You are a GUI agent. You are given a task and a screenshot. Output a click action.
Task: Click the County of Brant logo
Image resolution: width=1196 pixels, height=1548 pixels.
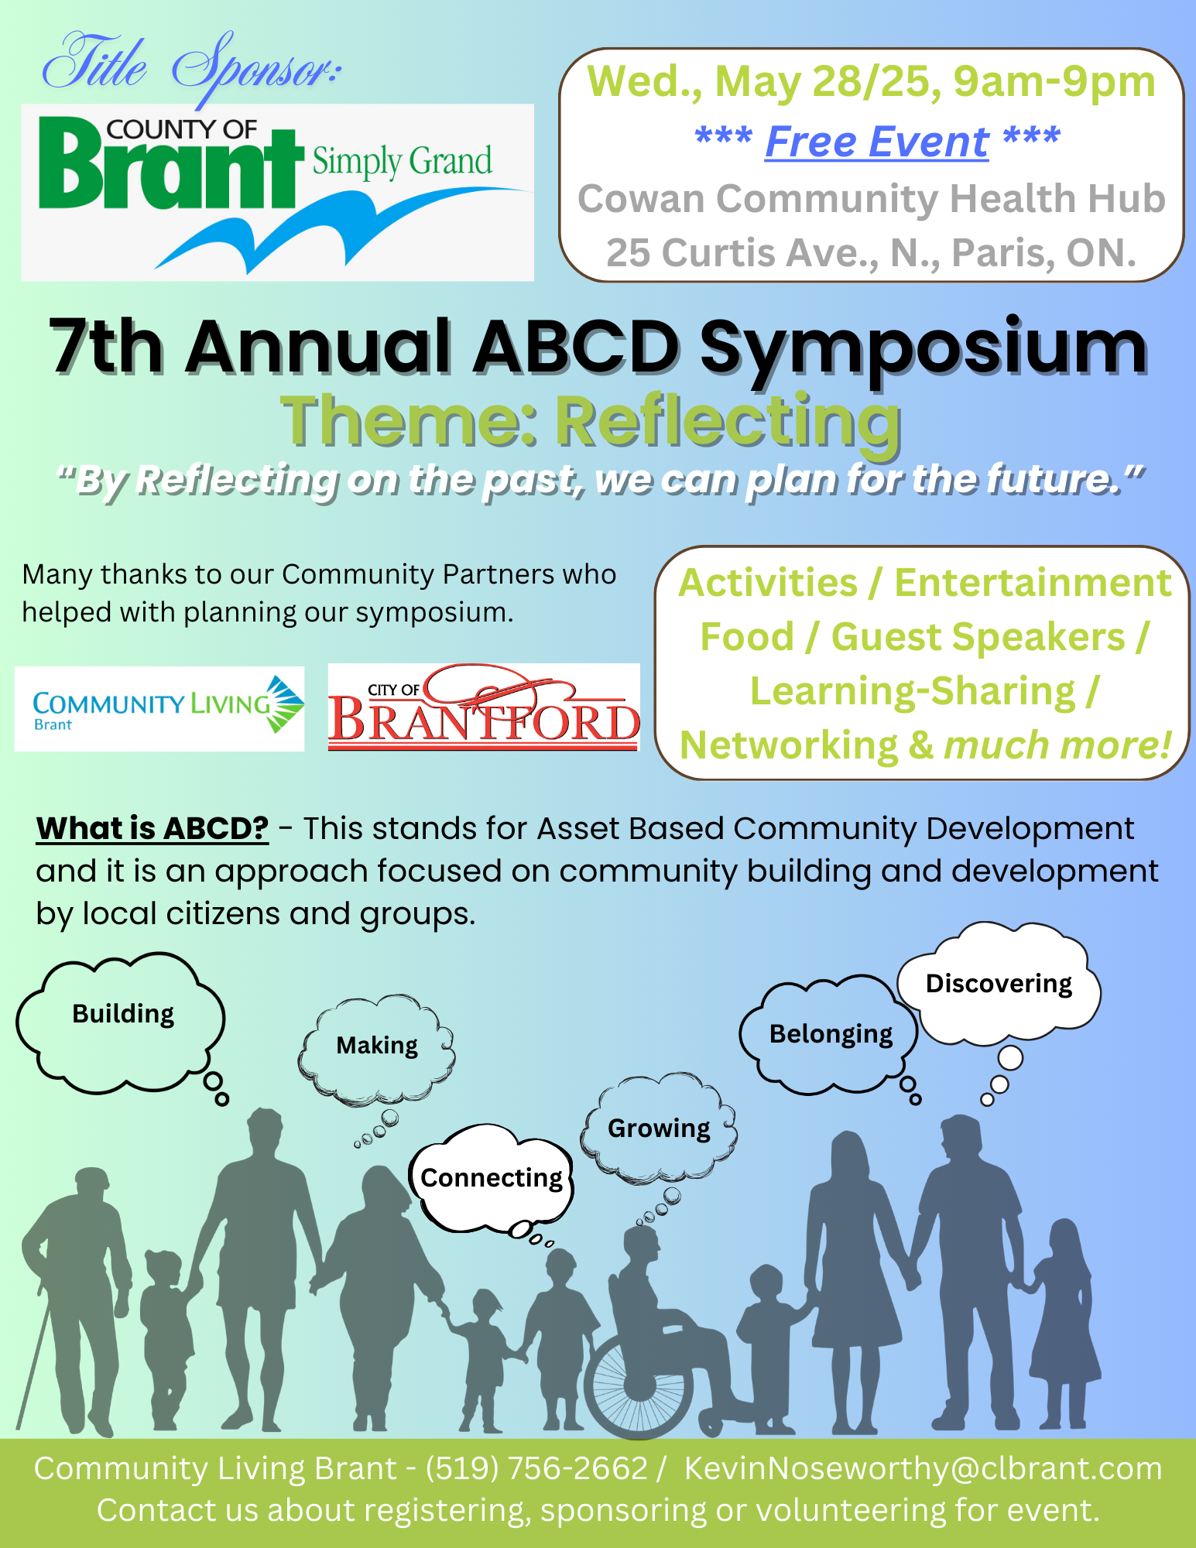tap(277, 192)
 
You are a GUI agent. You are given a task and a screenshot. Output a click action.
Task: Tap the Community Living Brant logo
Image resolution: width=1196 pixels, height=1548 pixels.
tap(159, 708)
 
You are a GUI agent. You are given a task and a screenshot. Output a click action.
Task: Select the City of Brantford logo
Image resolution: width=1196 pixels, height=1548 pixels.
tap(484, 707)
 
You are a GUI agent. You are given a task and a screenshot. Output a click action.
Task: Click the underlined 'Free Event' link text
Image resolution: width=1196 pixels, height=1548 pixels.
tap(877, 142)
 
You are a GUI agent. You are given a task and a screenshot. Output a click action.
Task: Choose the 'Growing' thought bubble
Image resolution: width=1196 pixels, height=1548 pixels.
tap(659, 1128)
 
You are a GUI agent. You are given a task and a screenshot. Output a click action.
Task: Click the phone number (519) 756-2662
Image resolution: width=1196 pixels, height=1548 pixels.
tap(536, 1468)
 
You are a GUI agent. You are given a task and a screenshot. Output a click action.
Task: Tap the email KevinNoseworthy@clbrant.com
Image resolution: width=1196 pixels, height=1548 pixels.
tap(923, 1468)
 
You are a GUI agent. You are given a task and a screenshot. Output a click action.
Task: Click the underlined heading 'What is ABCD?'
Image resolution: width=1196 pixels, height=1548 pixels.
tap(152, 828)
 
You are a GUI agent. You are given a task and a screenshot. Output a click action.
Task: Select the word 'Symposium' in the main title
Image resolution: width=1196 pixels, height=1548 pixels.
tap(924, 350)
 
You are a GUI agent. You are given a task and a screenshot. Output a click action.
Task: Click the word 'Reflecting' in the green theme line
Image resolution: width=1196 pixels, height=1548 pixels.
tap(728, 422)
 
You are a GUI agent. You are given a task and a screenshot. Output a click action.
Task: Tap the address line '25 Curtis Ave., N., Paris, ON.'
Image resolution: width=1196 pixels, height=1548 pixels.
tap(871, 252)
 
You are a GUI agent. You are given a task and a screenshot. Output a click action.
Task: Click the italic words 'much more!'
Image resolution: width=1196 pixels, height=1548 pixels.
tap(1057, 745)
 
